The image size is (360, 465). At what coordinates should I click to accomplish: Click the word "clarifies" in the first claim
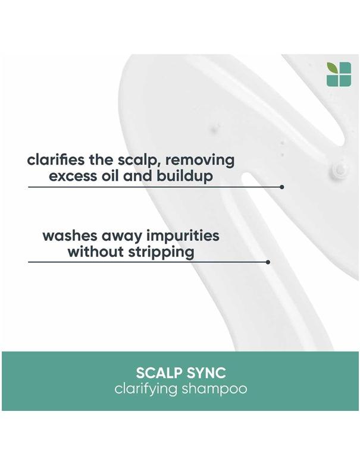(x=54, y=161)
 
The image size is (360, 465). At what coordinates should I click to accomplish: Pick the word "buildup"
(x=186, y=177)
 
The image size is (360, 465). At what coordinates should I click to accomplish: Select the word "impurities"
(x=181, y=235)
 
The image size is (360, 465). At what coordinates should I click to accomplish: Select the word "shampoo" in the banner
(x=217, y=391)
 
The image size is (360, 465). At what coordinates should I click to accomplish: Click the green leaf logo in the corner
(x=339, y=74)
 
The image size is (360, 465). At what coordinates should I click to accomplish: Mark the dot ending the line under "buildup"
(x=281, y=187)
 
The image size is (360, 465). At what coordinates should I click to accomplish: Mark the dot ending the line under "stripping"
(x=268, y=262)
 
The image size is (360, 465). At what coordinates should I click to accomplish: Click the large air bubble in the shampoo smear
(x=340, y=169)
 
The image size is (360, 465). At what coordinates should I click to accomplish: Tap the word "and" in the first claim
(x=140, y=177)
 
